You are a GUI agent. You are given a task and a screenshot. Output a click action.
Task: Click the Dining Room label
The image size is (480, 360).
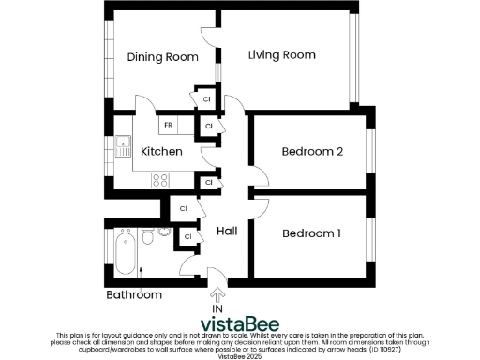[x=163, y=57]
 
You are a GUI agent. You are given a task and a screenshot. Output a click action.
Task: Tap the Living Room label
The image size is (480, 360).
[x=281, y=55]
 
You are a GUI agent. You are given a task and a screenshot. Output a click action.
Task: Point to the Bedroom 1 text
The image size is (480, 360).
[x=310, y=232]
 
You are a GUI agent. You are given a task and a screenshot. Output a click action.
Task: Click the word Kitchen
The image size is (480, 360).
[x=160, y=151]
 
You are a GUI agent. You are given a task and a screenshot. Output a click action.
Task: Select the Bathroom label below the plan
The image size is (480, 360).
[x=133, y=295]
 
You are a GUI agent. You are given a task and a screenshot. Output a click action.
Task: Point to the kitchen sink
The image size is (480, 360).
[x=123, y=146]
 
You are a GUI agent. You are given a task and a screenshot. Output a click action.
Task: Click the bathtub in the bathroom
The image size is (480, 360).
[x=124, y=251]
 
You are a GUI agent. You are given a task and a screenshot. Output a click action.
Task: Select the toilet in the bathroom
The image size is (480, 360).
[x=148, y=238]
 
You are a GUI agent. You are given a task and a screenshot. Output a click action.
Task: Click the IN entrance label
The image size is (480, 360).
[x=217, y=308]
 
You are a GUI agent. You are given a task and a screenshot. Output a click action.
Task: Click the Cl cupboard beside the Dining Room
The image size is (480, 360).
[x=206, y=97]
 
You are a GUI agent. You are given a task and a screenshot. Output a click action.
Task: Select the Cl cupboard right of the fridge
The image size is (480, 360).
[x=208, y=125]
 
